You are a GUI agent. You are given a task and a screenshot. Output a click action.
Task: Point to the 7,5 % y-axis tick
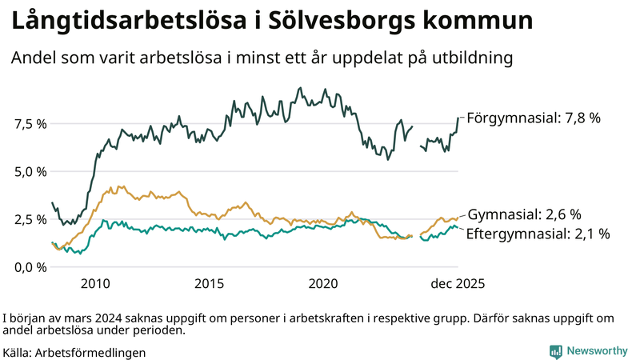pyautogui.click(x=30, y=124)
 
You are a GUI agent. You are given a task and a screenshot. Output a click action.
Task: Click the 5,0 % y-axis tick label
pyautogui.click(x=30, y=171)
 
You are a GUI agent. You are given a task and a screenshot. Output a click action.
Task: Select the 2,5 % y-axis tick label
pyautogui.click(x=30, y=219)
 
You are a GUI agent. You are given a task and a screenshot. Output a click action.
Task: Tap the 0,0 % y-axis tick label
pyautogui.click(x=30, y=266)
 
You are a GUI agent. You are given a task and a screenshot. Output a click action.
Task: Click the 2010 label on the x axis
pyautogui.click(x=94, y=283)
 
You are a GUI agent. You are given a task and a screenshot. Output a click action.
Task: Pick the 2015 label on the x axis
pyautogui.click(x=210, y=283)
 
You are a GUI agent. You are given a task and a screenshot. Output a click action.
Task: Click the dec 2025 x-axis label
pyautogui.click(x=458, y=283)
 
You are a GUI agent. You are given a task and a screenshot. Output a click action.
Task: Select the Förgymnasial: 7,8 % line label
pyautogui.click(x=534, y=118)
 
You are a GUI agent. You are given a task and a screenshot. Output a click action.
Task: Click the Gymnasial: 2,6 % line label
pyautogui.click(x=524, y=214)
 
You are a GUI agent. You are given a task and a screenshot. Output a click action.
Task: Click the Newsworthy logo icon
pyautogui.click(x=555, y=351)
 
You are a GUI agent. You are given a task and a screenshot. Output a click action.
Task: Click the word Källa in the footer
pyautogui.click(x=17, y=352)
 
